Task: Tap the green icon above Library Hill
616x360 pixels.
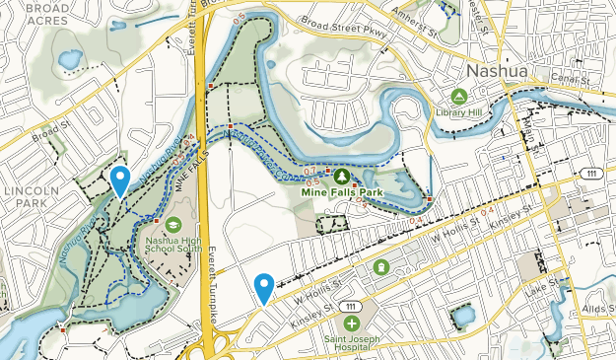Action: tap(458, 97)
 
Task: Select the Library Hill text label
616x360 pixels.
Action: tap(458, 111)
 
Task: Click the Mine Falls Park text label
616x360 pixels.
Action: tap(340, 192)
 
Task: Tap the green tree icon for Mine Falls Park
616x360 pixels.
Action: tap(341, 176)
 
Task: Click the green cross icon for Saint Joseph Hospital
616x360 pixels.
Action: tap(352, 324)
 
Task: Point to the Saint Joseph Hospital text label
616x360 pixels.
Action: tap(352, 345)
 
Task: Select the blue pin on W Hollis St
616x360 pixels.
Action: tap(264, 288)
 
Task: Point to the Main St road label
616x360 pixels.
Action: tap(537, 128)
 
